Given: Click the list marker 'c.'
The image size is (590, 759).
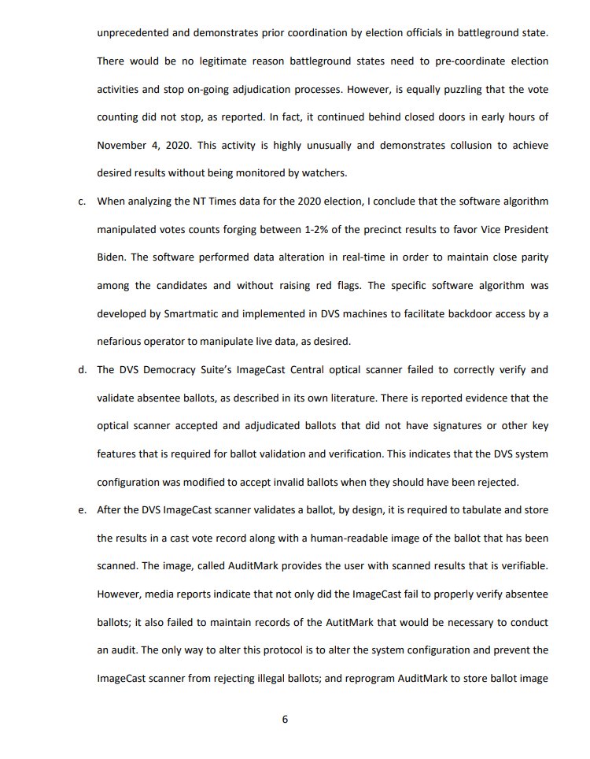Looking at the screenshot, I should (82, 202).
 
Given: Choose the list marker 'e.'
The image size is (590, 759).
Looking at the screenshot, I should (82, 509).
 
